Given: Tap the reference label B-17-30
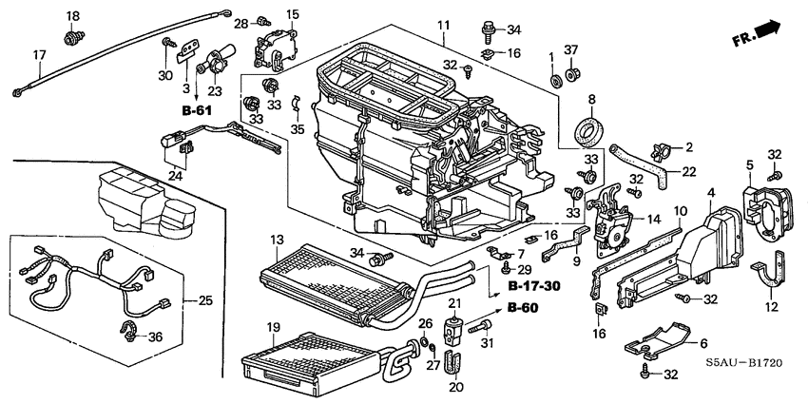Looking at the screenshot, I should [x=533, y=285].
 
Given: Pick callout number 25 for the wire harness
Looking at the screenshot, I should [x=204, y=301].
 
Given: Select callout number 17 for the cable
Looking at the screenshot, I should [x=39, y=55].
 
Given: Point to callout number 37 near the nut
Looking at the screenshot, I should [x=571, y=49].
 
